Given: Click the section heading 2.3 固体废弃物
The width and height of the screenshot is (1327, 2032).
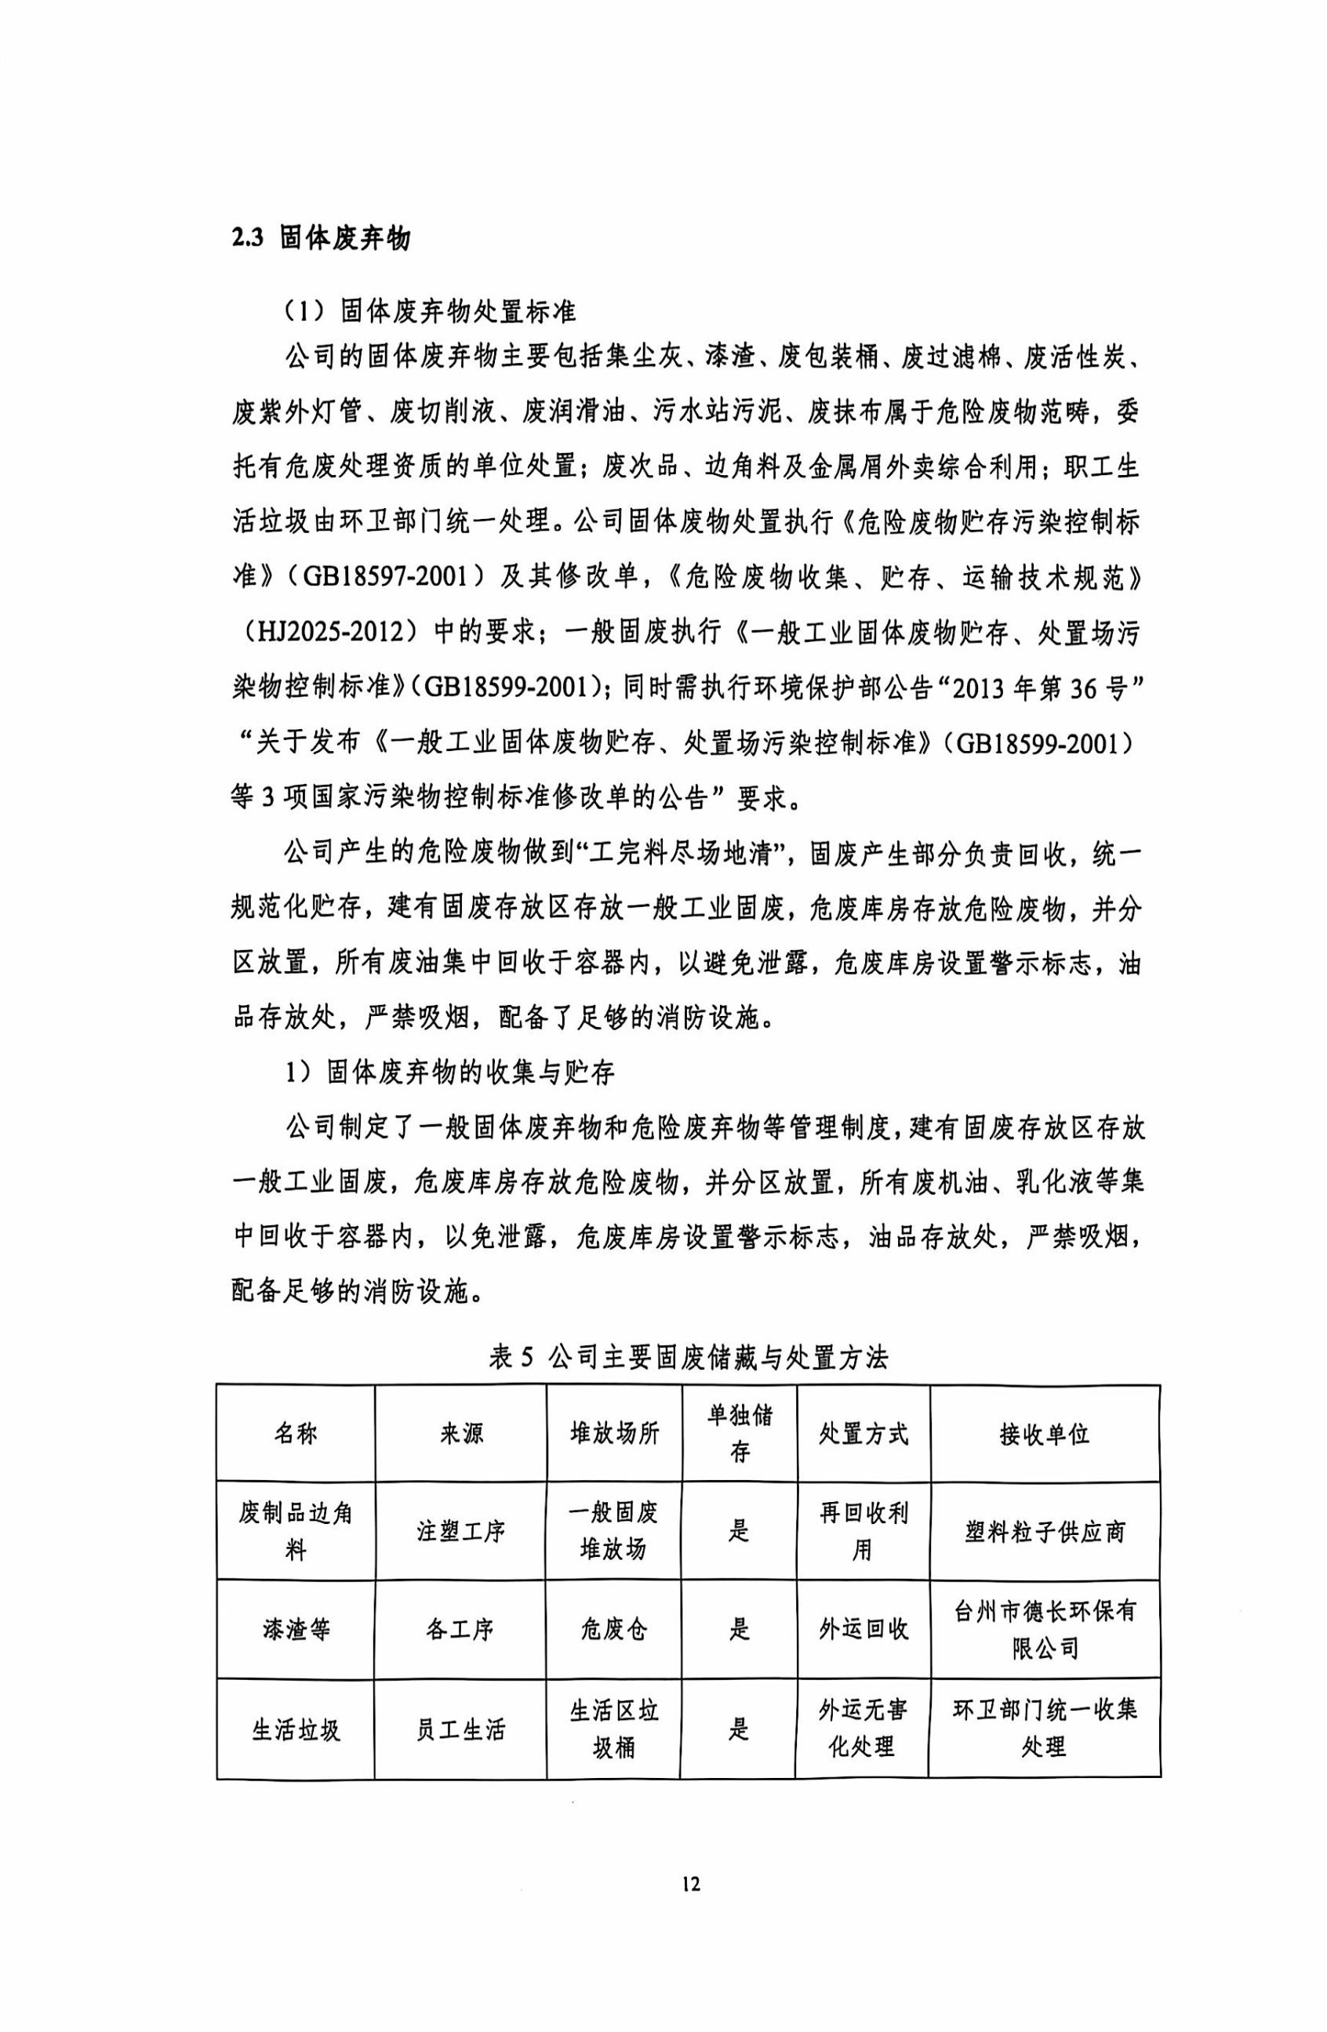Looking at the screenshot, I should [320, 238].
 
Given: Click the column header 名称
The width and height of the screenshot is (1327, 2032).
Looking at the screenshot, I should [296, 1434].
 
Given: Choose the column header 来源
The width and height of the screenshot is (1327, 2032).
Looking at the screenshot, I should [460, 1434].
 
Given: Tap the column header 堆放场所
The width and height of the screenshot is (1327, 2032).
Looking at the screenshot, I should [614, 1434].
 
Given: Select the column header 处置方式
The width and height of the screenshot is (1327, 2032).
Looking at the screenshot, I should [863, 1434].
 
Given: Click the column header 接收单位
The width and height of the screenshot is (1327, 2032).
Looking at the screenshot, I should [1044, 1434].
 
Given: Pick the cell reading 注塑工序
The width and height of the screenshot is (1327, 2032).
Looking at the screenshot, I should [460, 1531].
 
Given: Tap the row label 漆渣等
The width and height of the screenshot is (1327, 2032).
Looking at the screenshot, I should [296, 1629].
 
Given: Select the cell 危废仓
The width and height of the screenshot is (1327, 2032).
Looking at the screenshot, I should [614, 1629].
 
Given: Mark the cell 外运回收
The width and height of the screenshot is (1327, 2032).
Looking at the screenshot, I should [863, 1629].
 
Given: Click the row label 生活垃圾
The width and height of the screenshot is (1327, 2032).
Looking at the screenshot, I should [296, 1729].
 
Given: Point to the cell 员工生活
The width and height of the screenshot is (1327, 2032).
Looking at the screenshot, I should [460, 1729].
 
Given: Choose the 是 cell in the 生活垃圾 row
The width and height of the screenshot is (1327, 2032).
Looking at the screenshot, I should [739, 1729].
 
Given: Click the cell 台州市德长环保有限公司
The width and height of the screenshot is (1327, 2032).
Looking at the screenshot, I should [1044, 1629].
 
